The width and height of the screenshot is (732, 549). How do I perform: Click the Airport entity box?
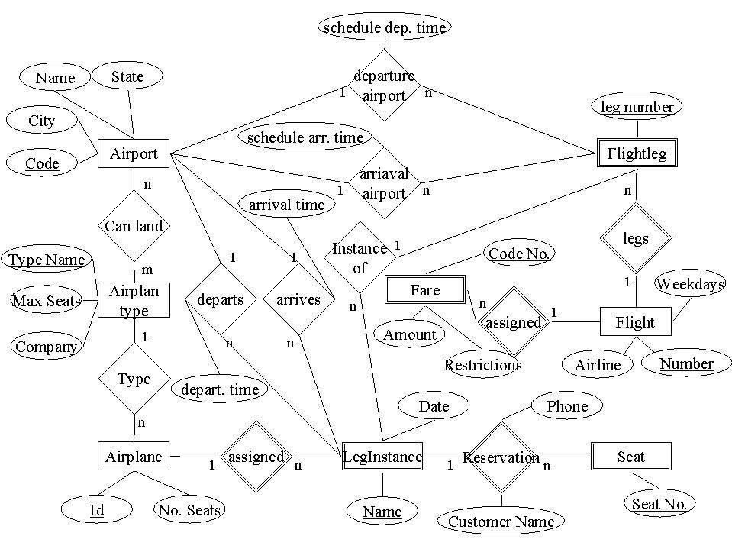pyautogui.click(x=134, y=154)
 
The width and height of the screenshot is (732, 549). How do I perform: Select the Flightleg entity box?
pyautogui.click(x=636, y=154)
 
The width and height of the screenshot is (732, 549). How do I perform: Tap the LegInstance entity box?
pyautogui.click(x=382, y=457)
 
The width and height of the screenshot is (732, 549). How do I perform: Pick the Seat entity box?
pyautogui.click(x=631, y=457)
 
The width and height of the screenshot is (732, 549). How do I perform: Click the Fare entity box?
pyautogui.click(x=425, y=290)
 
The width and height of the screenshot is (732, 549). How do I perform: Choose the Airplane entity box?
pyautogui.click(x=134, y=457)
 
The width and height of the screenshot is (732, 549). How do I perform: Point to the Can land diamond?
pyautogui.click(x=134, y=226)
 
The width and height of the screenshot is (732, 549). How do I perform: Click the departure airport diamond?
pyautogui.click(x=384, y=86)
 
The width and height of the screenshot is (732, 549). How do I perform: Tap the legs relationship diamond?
pyautogui.click(x=635, y=238)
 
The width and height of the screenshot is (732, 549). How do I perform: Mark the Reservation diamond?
pyautogui.click(x=501, y=457)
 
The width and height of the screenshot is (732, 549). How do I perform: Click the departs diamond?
pyautogui.click(x=220, y=299)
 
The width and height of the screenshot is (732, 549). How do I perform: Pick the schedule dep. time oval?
pyautogui.click(x=384, y=27)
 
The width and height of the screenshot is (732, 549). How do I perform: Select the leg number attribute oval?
pyautogui.click(x=637, y=107)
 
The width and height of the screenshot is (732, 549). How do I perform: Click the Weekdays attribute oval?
pyautogui.click(x=690, y=284)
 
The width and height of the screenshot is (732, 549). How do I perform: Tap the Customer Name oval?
pyautogui.click(x=501, y=522)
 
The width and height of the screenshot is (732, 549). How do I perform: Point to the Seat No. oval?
pyautogui.click(x=659, y=503)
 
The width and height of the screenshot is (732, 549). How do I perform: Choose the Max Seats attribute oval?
pyautogui.click(x=47, y=301)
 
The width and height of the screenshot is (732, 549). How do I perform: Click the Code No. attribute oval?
pyautogui.click(x=519, y=254)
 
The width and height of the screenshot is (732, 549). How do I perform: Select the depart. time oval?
pyautogui.click(x=220, y=389)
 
